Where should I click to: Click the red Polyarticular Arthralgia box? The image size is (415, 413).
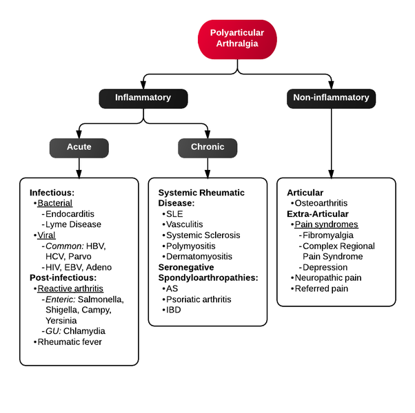[x=238, y=39]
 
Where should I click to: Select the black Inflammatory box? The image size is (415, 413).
[x=143, y=98]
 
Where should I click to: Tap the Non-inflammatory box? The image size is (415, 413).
[x=331, y=98]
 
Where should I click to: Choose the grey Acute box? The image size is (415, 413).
[x=79, y=147]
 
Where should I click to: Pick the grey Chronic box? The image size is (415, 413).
[x=207, y=147]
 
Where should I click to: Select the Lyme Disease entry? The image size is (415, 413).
[x=73, y=224]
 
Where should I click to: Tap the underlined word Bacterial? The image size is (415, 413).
[x=54, y=204]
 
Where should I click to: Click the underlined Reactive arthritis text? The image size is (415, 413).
[x=70, y=288]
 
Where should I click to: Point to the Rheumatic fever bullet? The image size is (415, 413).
[x=70, y=342]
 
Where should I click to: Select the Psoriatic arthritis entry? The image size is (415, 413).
[x=199, y=299]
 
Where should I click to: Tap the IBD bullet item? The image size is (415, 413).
[x=174, y=310]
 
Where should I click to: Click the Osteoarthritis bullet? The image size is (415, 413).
[x=321, y=204]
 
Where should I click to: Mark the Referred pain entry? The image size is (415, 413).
[x=321, y=288]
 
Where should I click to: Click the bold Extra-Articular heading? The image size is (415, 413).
[x=316, y=214]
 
